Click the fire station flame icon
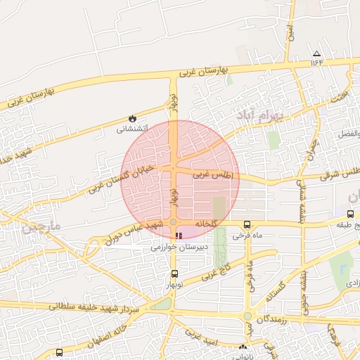click(x=131, y=118)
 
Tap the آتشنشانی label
click(x=131, y=129)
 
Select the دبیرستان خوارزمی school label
click(x=179, y=247)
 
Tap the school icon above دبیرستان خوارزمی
click(x=179, y=236)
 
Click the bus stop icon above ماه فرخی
click(x=246, y=224)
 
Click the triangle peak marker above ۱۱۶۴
click(x=316, y=53)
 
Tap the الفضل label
click(x=348, y=134)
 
